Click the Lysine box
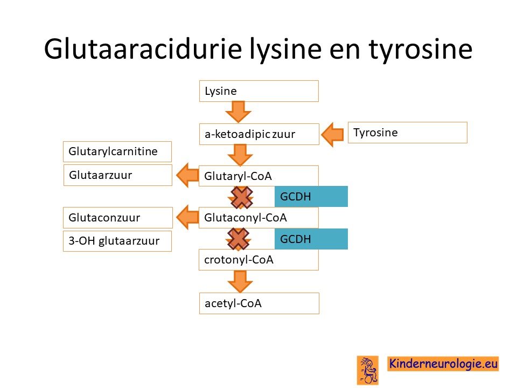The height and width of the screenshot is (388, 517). tap(259, 91)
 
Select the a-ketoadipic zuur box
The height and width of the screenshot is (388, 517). tap(259, 134)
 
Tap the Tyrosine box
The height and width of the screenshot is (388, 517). tap(408, 133)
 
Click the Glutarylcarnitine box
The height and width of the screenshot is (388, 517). tap(117, 152)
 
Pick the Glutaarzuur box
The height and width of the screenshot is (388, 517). tap(118, 175)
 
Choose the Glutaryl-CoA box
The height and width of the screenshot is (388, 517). tap(259, 176)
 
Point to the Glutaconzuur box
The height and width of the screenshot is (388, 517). tap(118, 218)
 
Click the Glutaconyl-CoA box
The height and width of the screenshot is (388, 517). tap(259, 218)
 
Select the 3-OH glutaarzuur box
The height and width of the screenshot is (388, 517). tap(117, 241)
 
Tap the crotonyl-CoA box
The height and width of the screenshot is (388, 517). tap(259, 260)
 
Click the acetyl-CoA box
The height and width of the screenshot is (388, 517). tap(259, 303)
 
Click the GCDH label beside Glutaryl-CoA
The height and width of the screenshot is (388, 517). tap(311, 196)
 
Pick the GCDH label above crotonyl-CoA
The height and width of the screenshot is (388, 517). tap(311, 239)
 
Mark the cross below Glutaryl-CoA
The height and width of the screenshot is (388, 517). tap(242, 197)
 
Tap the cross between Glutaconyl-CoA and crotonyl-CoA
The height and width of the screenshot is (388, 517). tap(238, 239)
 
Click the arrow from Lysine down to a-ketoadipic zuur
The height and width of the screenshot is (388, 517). tap(239, 112)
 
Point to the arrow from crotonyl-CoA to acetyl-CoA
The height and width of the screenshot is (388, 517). tap(240, 281)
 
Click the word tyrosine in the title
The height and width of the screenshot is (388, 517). tap(421, 50)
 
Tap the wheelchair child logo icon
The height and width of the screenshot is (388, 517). tap(368, 370)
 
